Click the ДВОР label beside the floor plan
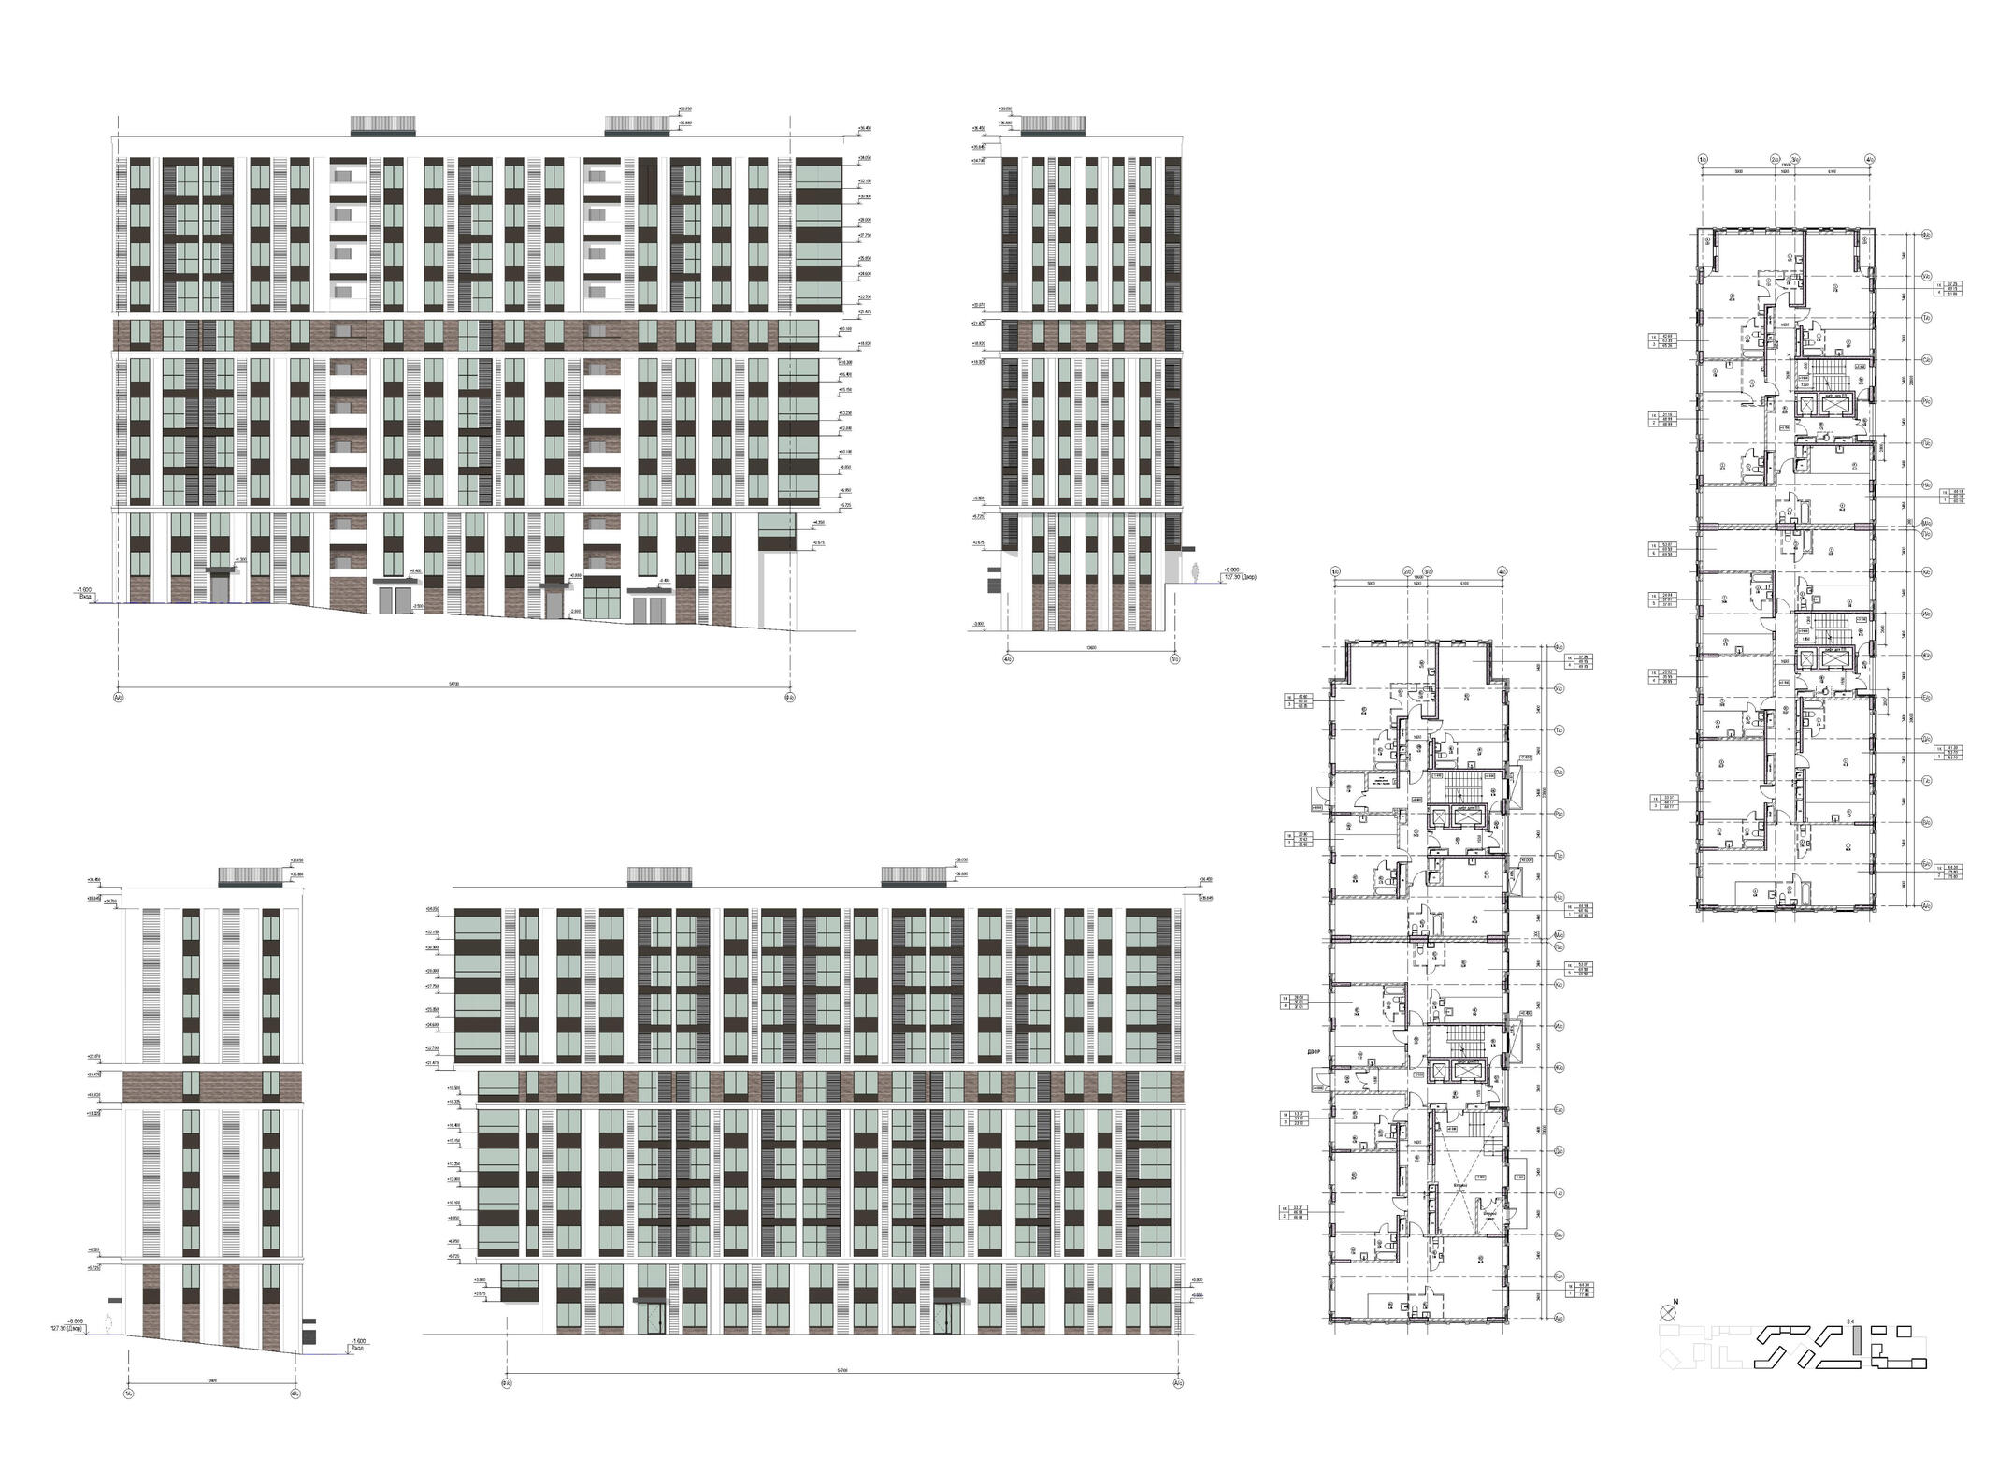pyautogui.click(x=1316, y=1052)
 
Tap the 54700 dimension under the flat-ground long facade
pyautogui.click(x=841, y=1371)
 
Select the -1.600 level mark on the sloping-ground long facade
pyautogui.click(x=85, y=591)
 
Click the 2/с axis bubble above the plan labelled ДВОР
pyautogui.click(x=1406, y=571)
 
